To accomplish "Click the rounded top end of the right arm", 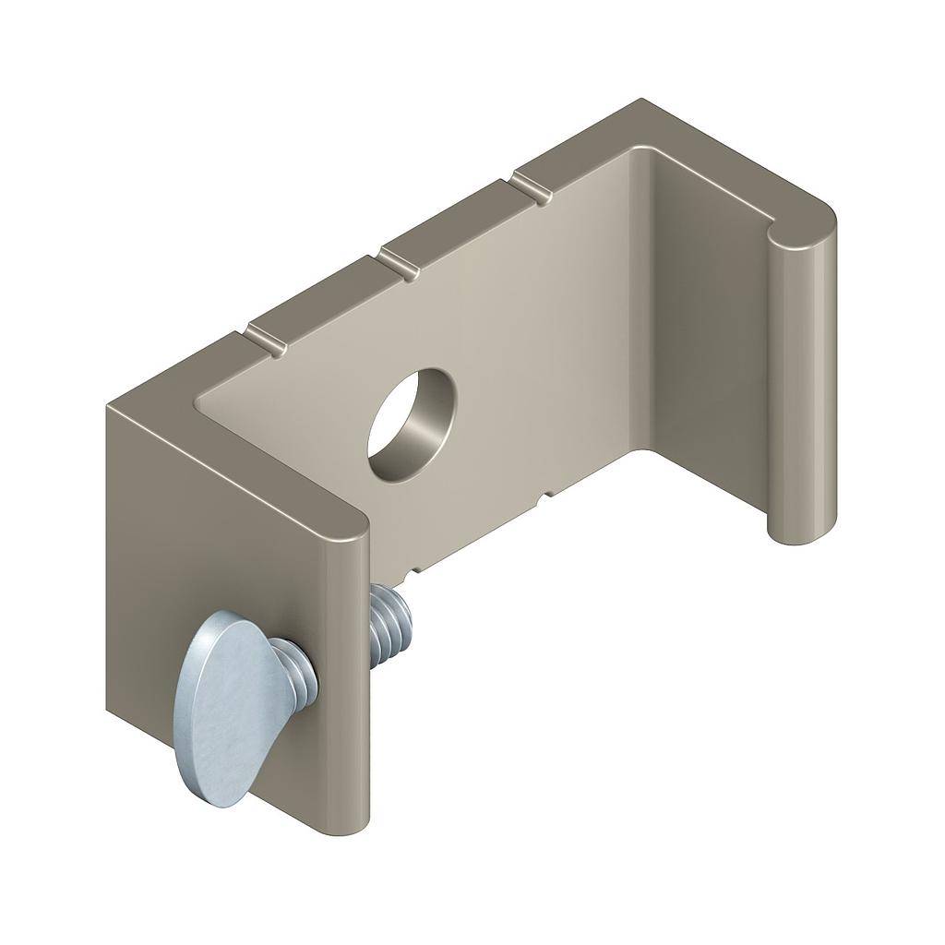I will [x=802, y=226].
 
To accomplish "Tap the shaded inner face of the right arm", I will [x=711, y=369].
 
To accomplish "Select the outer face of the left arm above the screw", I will [x=221, y=535].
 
